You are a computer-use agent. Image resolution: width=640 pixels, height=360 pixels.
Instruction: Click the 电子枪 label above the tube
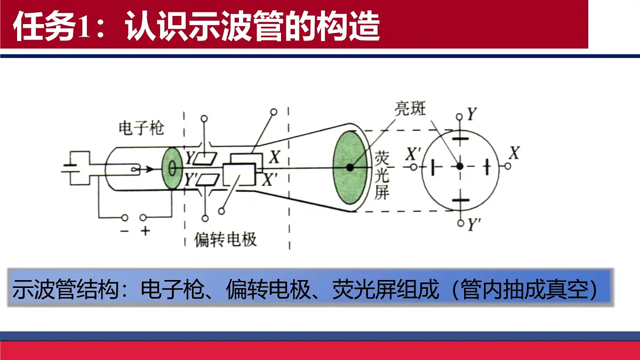(141, 128)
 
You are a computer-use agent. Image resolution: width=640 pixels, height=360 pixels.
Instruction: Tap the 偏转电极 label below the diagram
(226, 239)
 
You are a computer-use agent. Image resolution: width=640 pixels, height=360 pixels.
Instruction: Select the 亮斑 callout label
(410, 109)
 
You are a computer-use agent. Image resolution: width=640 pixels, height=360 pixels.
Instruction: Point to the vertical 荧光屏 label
(382, 175)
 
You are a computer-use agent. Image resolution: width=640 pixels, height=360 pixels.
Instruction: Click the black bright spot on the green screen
(350, 167)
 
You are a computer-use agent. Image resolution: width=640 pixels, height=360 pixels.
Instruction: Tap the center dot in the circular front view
(460, 166)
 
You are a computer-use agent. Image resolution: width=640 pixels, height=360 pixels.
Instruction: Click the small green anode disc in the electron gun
(172, 169)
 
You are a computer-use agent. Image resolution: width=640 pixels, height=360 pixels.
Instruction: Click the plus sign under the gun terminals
(146, 231)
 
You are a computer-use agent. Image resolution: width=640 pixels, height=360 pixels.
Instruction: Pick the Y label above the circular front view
(471, 114)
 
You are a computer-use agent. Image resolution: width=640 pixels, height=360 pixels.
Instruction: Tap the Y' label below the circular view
(474, 225)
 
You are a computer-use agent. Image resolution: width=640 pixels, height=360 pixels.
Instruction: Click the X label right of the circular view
(514, 153)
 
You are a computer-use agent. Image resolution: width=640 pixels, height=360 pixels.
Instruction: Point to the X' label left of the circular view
(413, 154)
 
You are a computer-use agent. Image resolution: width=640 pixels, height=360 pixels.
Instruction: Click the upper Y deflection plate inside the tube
(205, 159)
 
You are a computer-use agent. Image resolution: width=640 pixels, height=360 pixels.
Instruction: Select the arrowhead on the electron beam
(150, 169)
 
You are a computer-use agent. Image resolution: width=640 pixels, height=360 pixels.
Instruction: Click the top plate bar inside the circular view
(460, 139)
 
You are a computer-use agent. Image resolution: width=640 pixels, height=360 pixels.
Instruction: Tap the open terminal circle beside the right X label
(508, 166)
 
